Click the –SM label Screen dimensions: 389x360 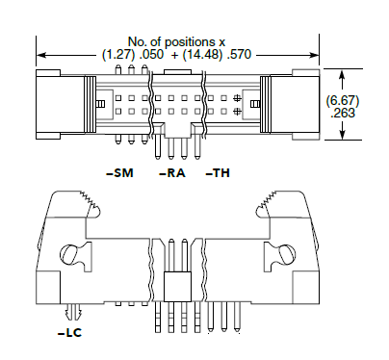pos(119,173)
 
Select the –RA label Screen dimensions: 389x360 pos(172,173)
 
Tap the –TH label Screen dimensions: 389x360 pos(218,173)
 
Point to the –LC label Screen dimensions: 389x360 pos(69,333)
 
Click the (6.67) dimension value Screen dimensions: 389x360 pos(343,101)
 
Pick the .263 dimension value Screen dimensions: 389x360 pos(343,113)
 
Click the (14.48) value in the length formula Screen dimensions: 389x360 pos(202,55)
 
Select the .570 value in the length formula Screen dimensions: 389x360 pos(239,55)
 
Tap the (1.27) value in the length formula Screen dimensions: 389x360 pos(118,55)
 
